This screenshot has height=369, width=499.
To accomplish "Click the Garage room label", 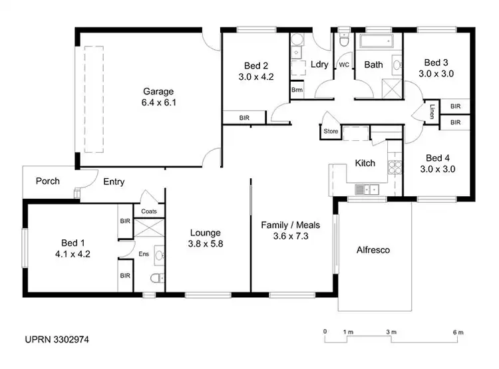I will [x=158, y=92].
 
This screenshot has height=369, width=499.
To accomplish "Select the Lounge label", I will [x=205, y=233].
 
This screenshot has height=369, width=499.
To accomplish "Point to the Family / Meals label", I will [x=285, y=225].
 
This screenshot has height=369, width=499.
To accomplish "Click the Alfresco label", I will [x=373, y=251].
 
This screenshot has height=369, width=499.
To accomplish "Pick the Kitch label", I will [x=365, y=163].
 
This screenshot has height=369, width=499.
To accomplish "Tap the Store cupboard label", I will [x=331, y=132].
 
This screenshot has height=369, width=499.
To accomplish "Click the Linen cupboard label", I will [x=432, y=110].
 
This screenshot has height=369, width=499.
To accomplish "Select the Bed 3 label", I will [x=436, y=63].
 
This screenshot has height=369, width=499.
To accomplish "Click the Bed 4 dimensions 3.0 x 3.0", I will [x=436, y=169].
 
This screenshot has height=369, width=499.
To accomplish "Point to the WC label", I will [x=344, y=65].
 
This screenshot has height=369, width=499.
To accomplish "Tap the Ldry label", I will [x=319, y=64].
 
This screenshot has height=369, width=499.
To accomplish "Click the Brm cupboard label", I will [x=296, y=90].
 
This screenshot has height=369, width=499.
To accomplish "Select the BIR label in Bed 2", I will [x=244, y=118].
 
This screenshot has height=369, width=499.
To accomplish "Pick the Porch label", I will [x=47, y=181].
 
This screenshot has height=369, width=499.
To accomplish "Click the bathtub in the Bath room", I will [x=377, y=43].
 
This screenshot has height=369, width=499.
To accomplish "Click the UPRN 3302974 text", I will [x=57, y=339].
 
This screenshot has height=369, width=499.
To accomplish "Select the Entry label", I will [x=113, y=182].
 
